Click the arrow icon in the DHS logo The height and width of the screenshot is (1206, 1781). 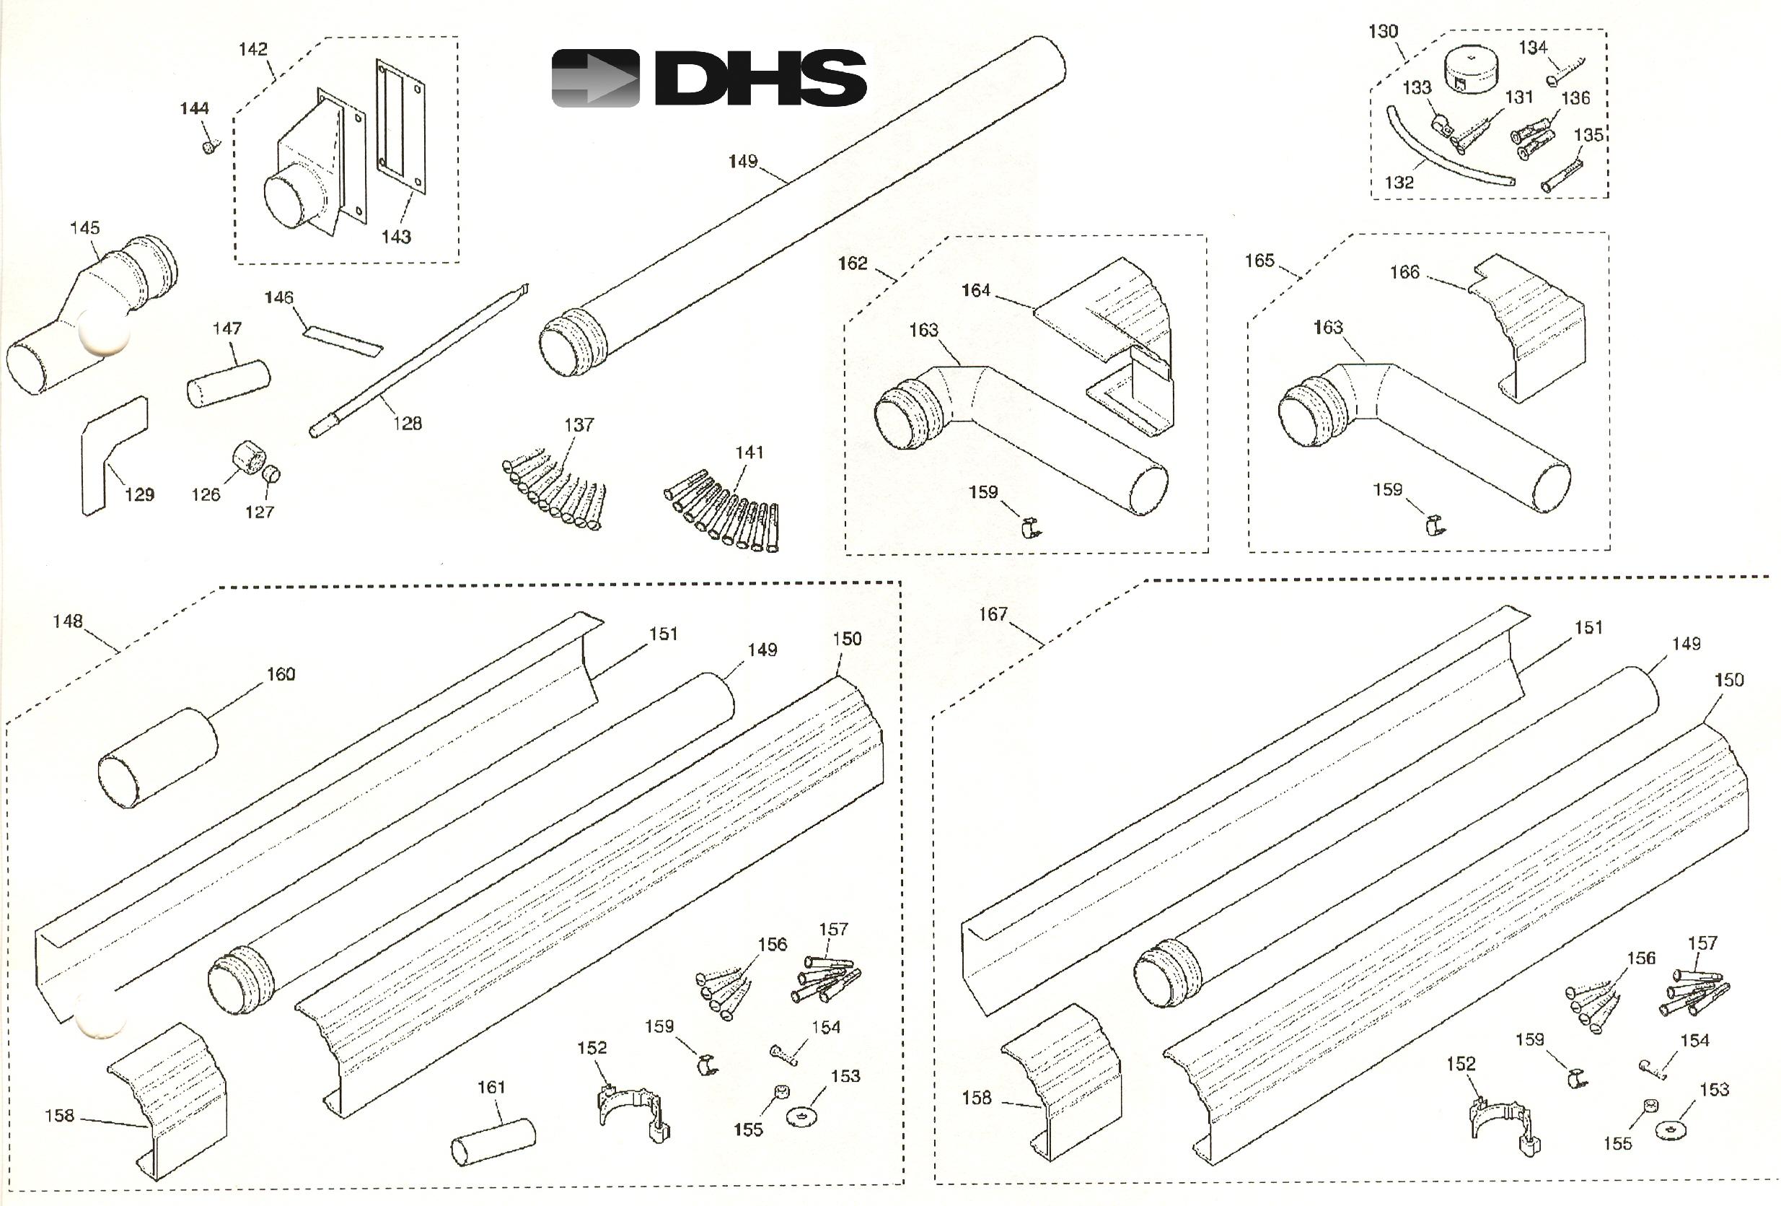pyautogui.click(x=595, y=78)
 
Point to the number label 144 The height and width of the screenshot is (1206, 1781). pyautogui.click(x=194, y=108)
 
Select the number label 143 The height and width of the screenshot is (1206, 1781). pyautogui.click(x=396, y=237)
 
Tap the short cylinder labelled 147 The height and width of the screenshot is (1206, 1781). pyautogui.click(x=229, y=383)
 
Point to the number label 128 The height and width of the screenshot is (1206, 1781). pyautogui.click(x=407, y=423)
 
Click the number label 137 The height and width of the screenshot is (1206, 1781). pyautogui.click(x=579, y=425)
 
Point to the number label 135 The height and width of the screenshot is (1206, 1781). pyautogui.click(x=1588, y=135)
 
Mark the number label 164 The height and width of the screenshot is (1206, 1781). pyautogui.click(x=975, y=291)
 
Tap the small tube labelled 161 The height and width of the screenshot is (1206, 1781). pyautogui.click(x=493, y=1142)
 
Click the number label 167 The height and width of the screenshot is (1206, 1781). pyautogui.click(x=993, y=614)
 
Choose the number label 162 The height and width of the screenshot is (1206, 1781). pyautogui.click(x=852, y=263)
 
